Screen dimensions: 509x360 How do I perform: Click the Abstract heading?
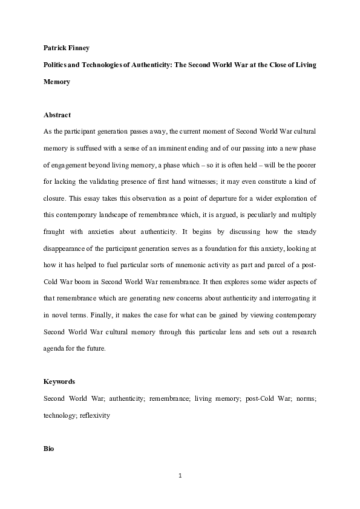point(57,115)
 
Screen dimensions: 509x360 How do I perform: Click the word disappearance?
point(72,244)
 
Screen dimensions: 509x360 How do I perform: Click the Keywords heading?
point(59,383)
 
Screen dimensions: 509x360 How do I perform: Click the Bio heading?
point(50,449)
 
